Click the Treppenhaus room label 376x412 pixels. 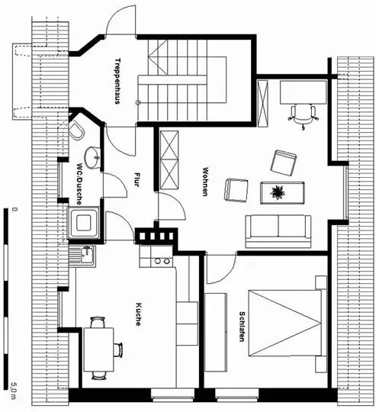pos(117,81)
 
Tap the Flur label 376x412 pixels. pos(137,179)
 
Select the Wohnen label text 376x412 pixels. pos(205,182)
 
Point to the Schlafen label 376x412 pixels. pos(242,327)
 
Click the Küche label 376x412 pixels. pos(138,314)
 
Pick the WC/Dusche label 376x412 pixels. pos(79,184)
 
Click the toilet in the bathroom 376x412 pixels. pos(76,129)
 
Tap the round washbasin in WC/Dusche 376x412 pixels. pos(92,157)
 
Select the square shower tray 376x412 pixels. pos(83,223)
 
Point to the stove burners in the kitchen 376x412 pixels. pos(162,261)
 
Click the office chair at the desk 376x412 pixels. pos(304,117)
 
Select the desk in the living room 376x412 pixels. pos(304,92)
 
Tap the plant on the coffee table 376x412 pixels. pos(278,192)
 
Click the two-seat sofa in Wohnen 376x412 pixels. pos(278,231)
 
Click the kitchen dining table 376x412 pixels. pos(98,349)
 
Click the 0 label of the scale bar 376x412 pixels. pos(14,209)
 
